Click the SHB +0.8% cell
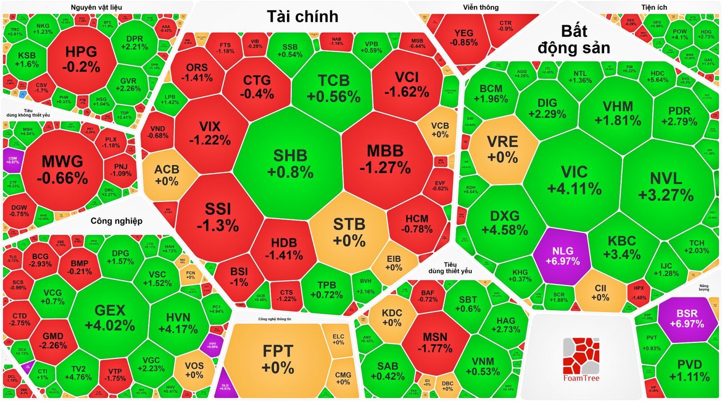[x=290, y=163]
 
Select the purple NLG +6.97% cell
[x=562, y=256]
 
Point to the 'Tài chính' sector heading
[x=302, y=17]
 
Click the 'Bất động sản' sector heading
[x=574, y=39]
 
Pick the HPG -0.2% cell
[x=81, y=59]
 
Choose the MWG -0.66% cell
[x=62, y=170]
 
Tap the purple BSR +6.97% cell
[x=687, y=318]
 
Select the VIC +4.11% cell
[x=574, y=179]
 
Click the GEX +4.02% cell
[x=110, y=317]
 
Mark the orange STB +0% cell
[x=349, y=232]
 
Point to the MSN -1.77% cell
[x=435, y=342]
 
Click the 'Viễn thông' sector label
[x=481, y=7]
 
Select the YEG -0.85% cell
[x=463, y=38]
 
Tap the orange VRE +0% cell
[x=502, y=149]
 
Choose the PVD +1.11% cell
[x=689, y=370]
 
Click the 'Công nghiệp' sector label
[x=116, y=221]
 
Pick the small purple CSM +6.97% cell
[x=12, y=160]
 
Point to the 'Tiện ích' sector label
[x=654, y=7]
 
